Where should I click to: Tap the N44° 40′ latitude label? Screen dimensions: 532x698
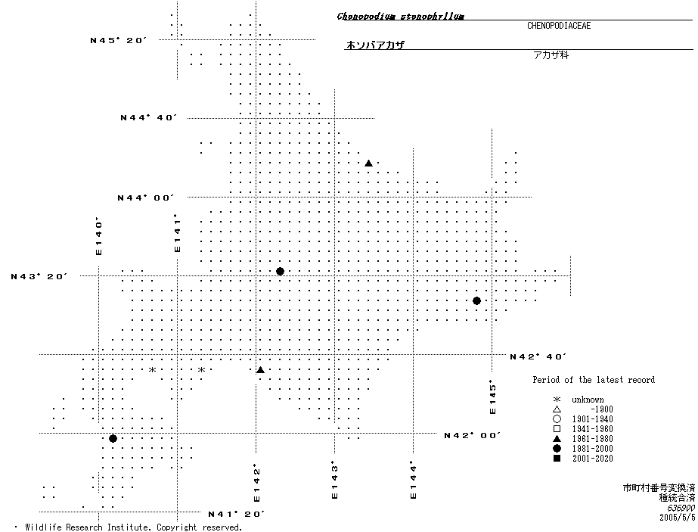(148, 118)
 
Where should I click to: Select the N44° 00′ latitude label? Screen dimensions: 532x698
(145, 198)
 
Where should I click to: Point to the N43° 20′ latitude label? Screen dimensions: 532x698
(39, 277)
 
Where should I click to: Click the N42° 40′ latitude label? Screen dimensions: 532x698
(538, 356)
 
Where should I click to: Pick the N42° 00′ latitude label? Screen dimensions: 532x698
(473, 436)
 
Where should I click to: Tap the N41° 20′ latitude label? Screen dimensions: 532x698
(236, 515)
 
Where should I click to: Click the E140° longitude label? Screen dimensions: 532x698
(98, 237)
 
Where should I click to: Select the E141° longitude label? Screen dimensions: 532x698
(177, 233)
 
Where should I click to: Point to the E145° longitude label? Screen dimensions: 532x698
(492, 397)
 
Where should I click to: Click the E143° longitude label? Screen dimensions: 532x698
(334, 481)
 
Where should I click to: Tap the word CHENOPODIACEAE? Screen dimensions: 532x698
(559, 26)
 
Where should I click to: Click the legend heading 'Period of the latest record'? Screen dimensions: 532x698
(594, 380)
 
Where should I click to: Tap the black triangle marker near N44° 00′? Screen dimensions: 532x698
(368, 163)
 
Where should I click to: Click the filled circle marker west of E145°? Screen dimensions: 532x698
(476, 301)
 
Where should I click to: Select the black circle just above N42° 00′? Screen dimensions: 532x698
(113, 439)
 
